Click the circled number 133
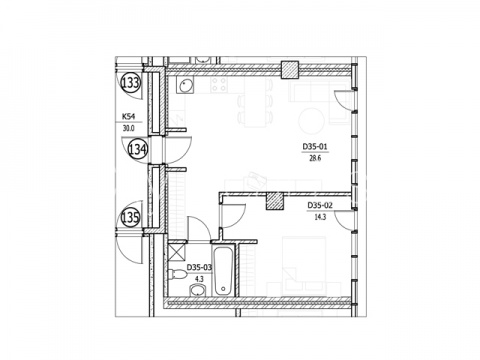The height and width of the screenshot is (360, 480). click(130, 82)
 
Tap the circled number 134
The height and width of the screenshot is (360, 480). click(138, 149)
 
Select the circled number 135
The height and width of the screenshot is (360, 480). click(130, 218)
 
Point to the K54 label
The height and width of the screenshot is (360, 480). click(128, 116)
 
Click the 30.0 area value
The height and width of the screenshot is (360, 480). click(128, 129)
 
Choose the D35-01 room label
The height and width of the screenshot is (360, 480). click(315, 146)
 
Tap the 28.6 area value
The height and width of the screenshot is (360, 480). click(315, 158)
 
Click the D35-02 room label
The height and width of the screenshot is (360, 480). click(320, 205)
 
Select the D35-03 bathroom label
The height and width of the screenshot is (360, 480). click(199, 267)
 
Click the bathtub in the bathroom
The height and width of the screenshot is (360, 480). click(223, 271)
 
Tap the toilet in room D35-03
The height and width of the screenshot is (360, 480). click(177, 275)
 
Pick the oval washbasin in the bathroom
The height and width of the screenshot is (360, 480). click(198, 290)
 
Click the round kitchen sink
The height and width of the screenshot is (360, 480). click(185, 86)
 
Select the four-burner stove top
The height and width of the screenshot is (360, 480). click(219, 85)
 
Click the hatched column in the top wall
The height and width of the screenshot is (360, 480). click(290, 70)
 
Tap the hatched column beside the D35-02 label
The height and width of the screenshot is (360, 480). click(275, 201)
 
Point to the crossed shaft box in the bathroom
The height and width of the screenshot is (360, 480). click(177, 252)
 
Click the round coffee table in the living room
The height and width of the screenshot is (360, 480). click(311, 121)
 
